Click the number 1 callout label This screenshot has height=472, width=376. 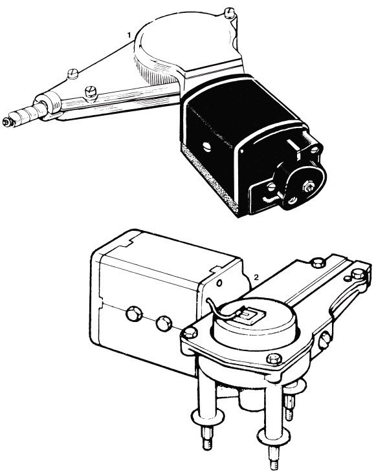pos(129,36)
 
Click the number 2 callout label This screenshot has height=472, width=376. pos(256,277)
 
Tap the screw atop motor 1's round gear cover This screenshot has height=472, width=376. pos(230,12)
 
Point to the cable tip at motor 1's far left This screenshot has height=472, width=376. pos(6,122)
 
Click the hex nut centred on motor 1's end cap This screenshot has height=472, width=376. pos(309,186)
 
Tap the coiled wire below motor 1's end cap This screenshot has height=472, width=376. pos(271,198)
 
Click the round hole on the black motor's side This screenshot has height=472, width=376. pos(208,147)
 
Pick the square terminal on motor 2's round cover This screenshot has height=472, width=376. pos(249,316)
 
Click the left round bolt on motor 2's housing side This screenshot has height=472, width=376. pos(134,314)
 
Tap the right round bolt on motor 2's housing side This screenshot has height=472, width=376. pos(164,323)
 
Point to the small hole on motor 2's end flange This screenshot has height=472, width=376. pos(219,283)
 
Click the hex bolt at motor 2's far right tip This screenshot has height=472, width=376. pos(359,274)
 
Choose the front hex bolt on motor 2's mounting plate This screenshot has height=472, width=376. pos(274,358)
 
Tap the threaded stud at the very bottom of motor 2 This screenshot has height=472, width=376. pos(273,457)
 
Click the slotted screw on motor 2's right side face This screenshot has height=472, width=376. pos(324,341)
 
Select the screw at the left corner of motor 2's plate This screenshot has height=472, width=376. pos(190,333)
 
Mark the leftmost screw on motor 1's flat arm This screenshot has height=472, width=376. pos(72,74)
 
